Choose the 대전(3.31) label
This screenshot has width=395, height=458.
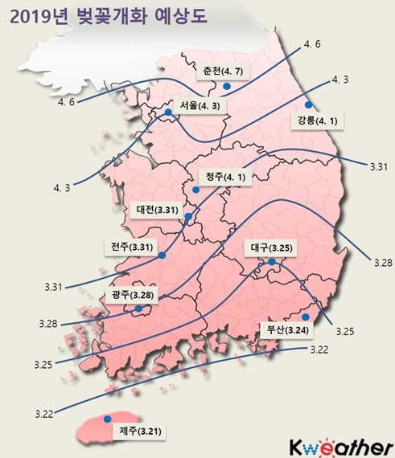(x=157, y=209)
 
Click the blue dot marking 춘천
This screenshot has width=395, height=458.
(x=228, y=85)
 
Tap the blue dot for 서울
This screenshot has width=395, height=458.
(x=168, y=113)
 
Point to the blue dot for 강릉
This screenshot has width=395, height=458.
(x=307, y=104)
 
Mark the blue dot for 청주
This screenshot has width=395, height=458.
(x=195, y=190)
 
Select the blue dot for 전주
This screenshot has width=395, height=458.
(x=163, y=256)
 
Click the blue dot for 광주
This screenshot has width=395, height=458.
(x=138, y=308)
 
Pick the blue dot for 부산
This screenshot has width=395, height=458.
(x=305, y=317)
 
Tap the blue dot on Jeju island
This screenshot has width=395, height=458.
(x=107, y=418)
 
